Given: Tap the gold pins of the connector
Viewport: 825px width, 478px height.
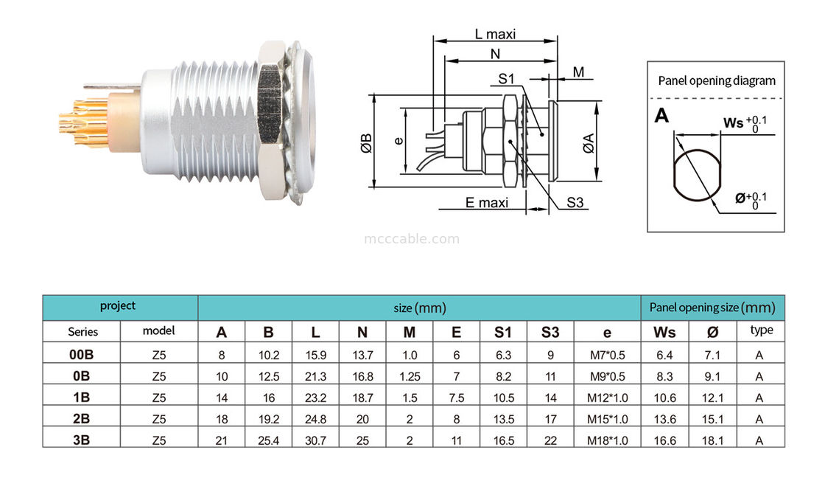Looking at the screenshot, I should [81, 121].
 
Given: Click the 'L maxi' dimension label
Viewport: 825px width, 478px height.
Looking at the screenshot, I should [494, 34].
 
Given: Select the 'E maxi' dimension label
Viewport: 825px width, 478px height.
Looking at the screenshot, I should [486, 203].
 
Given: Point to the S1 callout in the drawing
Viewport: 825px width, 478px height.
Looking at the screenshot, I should [506, 78].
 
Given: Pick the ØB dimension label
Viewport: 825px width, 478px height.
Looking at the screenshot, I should [366, 142].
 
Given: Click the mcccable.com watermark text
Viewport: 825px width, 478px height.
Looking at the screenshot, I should [412, 238].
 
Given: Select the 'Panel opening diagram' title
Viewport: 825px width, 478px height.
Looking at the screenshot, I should [716, 81].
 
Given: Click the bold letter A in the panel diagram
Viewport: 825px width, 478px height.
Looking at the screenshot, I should [661, 116].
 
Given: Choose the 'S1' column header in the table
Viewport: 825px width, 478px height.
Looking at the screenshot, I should [504, 332].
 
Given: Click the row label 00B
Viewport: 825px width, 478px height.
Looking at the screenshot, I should [81, 354].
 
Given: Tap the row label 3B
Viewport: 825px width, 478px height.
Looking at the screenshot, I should [81, 440].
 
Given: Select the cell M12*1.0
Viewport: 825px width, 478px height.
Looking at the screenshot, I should [607, 397].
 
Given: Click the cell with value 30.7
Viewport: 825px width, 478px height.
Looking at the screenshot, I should [315, 440].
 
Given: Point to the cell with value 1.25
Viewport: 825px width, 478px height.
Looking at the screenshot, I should [410, 375].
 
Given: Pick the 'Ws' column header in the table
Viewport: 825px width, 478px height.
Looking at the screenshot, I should [664, 332].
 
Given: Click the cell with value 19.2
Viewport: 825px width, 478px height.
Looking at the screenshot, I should [268, 418].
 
